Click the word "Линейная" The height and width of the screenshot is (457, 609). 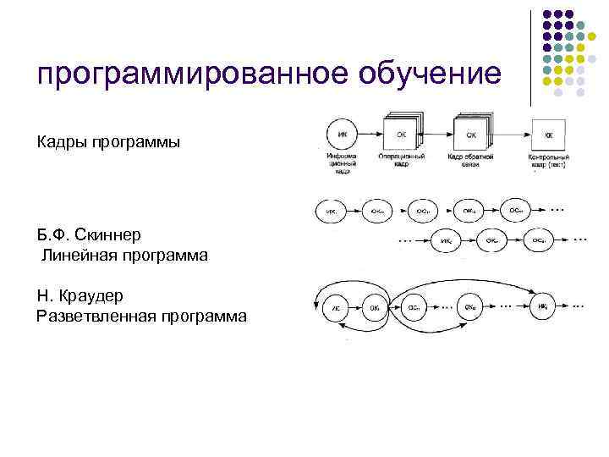point(77,254)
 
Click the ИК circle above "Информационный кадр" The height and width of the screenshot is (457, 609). point(341,134)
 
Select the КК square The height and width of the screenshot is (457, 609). point(548,134)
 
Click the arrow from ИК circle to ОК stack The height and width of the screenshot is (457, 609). point(370,134)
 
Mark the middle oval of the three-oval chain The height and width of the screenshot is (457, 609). point(492,240)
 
